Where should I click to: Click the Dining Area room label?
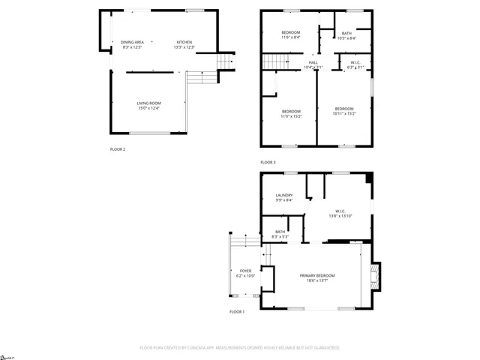tap(132, 44)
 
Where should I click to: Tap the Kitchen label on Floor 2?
tap(184, 44)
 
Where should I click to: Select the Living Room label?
tap(148, 106)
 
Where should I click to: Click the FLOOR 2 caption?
tap(118, 149)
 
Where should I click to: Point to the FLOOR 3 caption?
tap(268, 163)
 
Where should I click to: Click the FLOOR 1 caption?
tap(237, 311)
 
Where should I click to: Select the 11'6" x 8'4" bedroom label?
tap(291, 36)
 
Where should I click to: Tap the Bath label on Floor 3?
tap(346, 35)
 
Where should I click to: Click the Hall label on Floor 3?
tap(313, 64)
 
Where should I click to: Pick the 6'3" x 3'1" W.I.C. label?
tap(355, 64)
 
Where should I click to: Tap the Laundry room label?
tap(283, 197)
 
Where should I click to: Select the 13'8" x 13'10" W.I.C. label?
tap(340, 213)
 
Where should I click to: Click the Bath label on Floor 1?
tap(280, 234)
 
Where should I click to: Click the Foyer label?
tap(246, 273)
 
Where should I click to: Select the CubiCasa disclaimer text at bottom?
tap(240, 348)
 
